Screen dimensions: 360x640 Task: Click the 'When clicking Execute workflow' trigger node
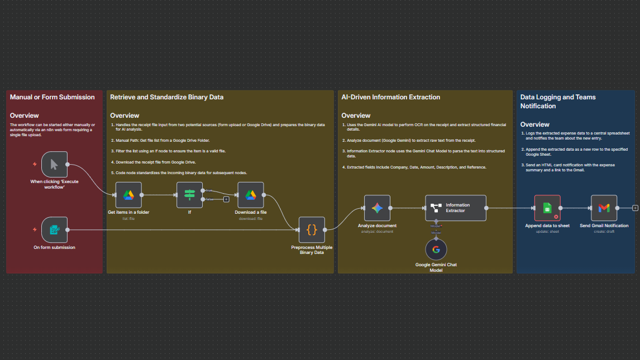(x=54, y=164)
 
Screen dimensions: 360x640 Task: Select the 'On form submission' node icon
(x=54, y=229)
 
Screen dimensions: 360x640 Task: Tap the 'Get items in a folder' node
(x=128, y=195)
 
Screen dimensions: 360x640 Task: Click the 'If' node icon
(x=189, y=195)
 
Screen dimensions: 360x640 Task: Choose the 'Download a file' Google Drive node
(x=250, y=195)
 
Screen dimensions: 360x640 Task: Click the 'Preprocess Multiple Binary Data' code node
(x=312, y=229)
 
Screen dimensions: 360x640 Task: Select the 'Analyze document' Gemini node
(x=377, y=208)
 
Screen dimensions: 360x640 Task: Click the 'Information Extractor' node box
(x=456, y=208)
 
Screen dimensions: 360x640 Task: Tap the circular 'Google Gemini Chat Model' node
(x=436, y=249)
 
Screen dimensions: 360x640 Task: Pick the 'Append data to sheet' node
(x=547, y=208)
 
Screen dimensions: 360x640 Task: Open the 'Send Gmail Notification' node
(x=604, y=208)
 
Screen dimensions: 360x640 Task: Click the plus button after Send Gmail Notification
(x=635, y=208)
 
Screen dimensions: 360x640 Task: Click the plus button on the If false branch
(x=226, y=199)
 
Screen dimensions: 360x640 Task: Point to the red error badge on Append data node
(x=556, y=216)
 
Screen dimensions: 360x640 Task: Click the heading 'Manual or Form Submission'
(x=52, y=97)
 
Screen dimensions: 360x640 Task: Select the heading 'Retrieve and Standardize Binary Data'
(x=166, y=97)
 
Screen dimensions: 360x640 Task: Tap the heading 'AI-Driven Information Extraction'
(x=390, y=97)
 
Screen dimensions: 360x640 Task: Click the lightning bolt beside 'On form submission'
(x=35, y=229)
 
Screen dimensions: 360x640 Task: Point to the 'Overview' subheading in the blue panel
(x=534, y=124)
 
